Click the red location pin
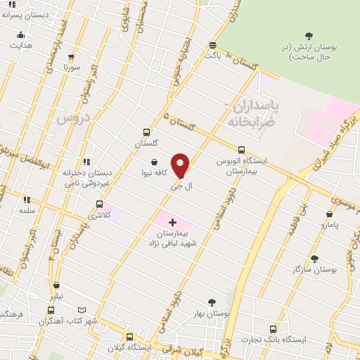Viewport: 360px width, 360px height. tap(181, 166)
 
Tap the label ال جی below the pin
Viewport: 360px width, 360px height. tap(181, 187)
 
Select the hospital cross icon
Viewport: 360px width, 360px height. tap(173, 222)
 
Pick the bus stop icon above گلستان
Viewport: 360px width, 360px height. tap(146, 131)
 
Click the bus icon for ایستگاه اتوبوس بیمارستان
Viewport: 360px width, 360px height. tap(242, 150)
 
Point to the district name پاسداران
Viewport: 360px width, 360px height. tap(255, 106)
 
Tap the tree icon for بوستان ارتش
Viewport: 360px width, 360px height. tap(309, 36)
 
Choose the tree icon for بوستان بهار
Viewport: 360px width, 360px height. tap(211, 302)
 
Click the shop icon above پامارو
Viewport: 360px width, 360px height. tap(329, 214)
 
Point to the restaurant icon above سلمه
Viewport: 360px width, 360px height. tap(27, 200)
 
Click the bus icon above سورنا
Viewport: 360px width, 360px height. tap(72, 57)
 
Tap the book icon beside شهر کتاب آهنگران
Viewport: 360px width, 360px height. tap(82, 309)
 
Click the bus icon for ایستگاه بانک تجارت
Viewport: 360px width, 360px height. tap(273, 328)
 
